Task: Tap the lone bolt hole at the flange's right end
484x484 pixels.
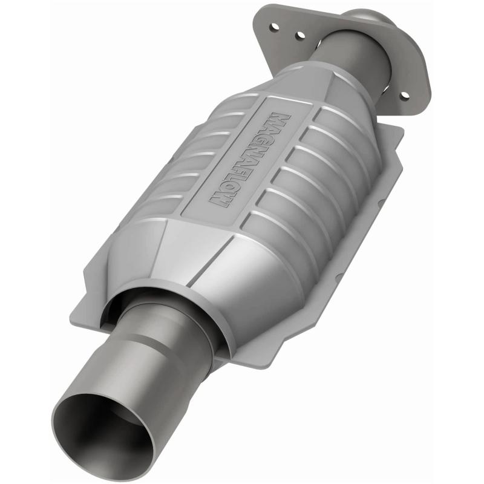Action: click(404, 95)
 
